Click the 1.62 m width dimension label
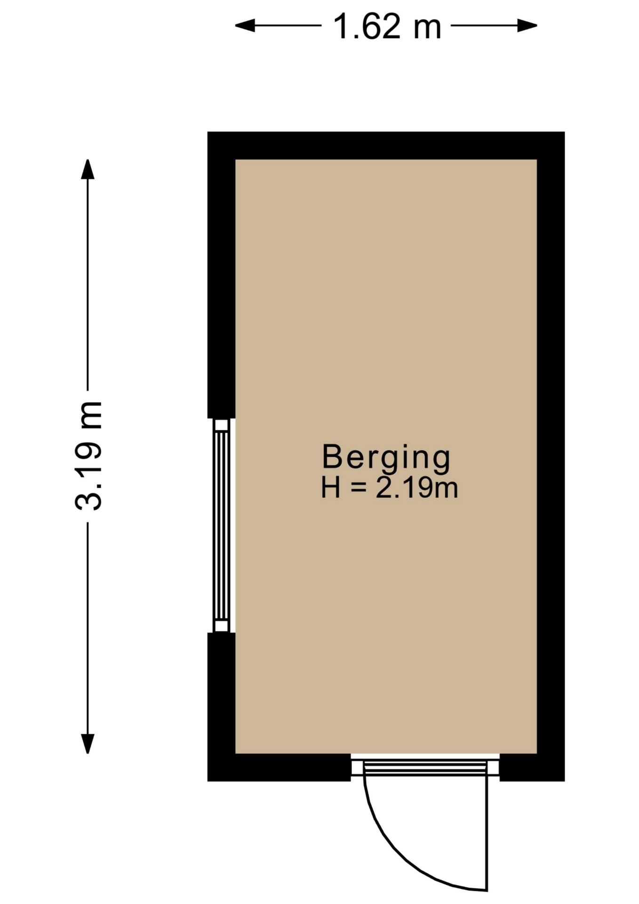[387, 26]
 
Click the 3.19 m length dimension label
[88, 456]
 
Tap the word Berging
[386, 457]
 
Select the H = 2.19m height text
[389, 488]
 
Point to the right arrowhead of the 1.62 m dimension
[527, 25]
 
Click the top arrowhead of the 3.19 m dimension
[88, 169]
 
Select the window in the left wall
[221, 525]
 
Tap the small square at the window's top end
[221, 425]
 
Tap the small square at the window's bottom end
[221, 626]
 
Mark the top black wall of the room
[386, 145]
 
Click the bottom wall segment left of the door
[279, 767]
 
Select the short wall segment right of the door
[532, 767]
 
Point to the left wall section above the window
[221, 275]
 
